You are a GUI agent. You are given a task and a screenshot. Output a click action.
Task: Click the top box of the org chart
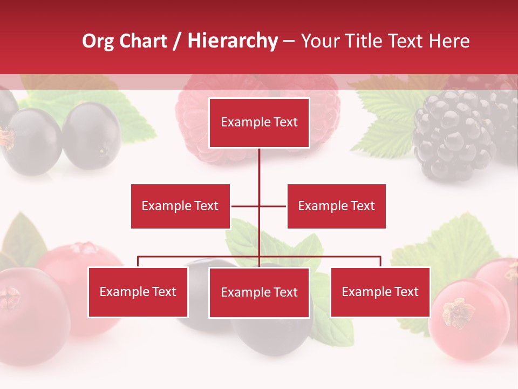coord(259,123)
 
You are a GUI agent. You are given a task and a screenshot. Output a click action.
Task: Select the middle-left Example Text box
coord(180,206)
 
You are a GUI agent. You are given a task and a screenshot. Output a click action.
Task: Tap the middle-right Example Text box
coord(336,206)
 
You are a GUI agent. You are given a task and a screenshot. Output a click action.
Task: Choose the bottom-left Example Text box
coord(138,292)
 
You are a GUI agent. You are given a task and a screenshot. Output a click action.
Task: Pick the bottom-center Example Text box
coord(259,292)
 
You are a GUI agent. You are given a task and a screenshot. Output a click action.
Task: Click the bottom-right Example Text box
coord(380,292)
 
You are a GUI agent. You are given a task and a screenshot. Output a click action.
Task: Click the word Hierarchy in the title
coord(233,41)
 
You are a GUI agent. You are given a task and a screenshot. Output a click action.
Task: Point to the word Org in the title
coord(98,41)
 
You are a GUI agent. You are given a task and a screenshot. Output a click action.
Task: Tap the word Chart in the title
coord(143,41)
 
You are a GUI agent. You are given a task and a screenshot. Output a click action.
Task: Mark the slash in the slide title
coord(178,41)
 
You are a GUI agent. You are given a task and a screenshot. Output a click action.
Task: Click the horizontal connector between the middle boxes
coord(259,206)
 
